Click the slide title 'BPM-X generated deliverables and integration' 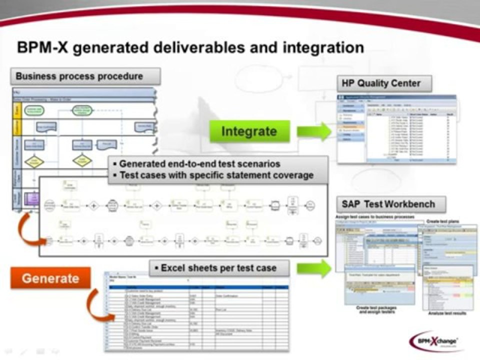pyautogui.click(x=190, y=47)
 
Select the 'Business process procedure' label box pyautogui.click(x=85, y=76)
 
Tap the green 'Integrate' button pyautogui.click(x=249, y=131)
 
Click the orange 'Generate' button pyautogui.click(x=50, y=278)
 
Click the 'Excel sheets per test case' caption pyautogui.click(x=219, y=268)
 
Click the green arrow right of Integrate pyautogui.click(x=313, y=131)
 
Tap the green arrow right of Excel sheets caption pyautogui.click(x=313, y=268)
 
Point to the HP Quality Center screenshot pyautogui.click(x=396, y=129)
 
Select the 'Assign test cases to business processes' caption pyautogui.click(x=374, y=216)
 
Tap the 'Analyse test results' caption pyautogui.click(x=447, y=313)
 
